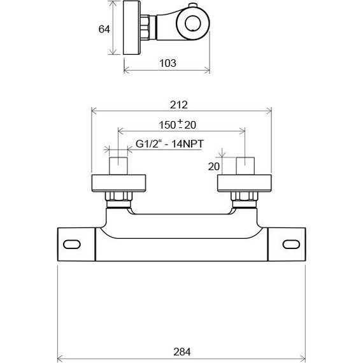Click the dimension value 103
[x=167, y=63]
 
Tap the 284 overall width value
[x=181, y=351]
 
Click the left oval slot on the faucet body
[x=72, y=245]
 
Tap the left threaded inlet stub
[x=119, y=166]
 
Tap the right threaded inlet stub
[x=245, y=166]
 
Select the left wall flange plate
[x=119, y=183]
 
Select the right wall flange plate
[x=245, y=183]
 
